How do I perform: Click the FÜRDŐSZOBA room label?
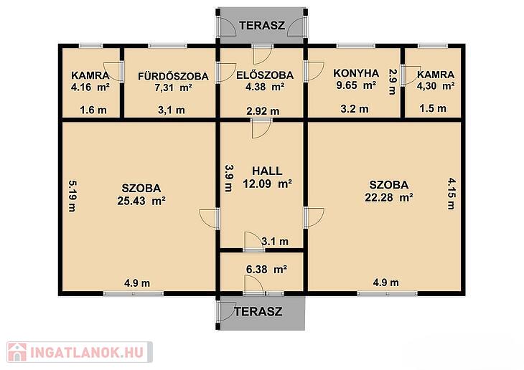(x=173, y=76)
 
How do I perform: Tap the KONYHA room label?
(x=356, y=73)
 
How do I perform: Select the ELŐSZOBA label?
(x=265, y=75)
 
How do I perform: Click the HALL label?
(x=267, y=171)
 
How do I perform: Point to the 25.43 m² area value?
(x=141, y=201)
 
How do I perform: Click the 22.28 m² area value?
(x=388, y=197)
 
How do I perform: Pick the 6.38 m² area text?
(x=266, y=269)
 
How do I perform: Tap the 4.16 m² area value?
(x=90, y=87)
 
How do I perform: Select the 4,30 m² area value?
(x=436, y=86)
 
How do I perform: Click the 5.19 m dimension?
(x=72, y=196)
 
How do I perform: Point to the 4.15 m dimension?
(x=452, y=194)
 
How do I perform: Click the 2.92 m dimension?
(x=263, y=111)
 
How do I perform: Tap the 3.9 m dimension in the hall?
(x=228, y=179)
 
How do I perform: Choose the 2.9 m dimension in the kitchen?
(x=393, y=82)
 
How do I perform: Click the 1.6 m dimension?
(x=93, y=110)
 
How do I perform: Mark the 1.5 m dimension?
(x=433, y=108)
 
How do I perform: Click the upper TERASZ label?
(x=262, y=26)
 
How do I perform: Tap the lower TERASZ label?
(x=258, y=312)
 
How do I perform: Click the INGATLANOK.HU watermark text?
(x=87, y=352)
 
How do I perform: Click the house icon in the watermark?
(x=17, y=352)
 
